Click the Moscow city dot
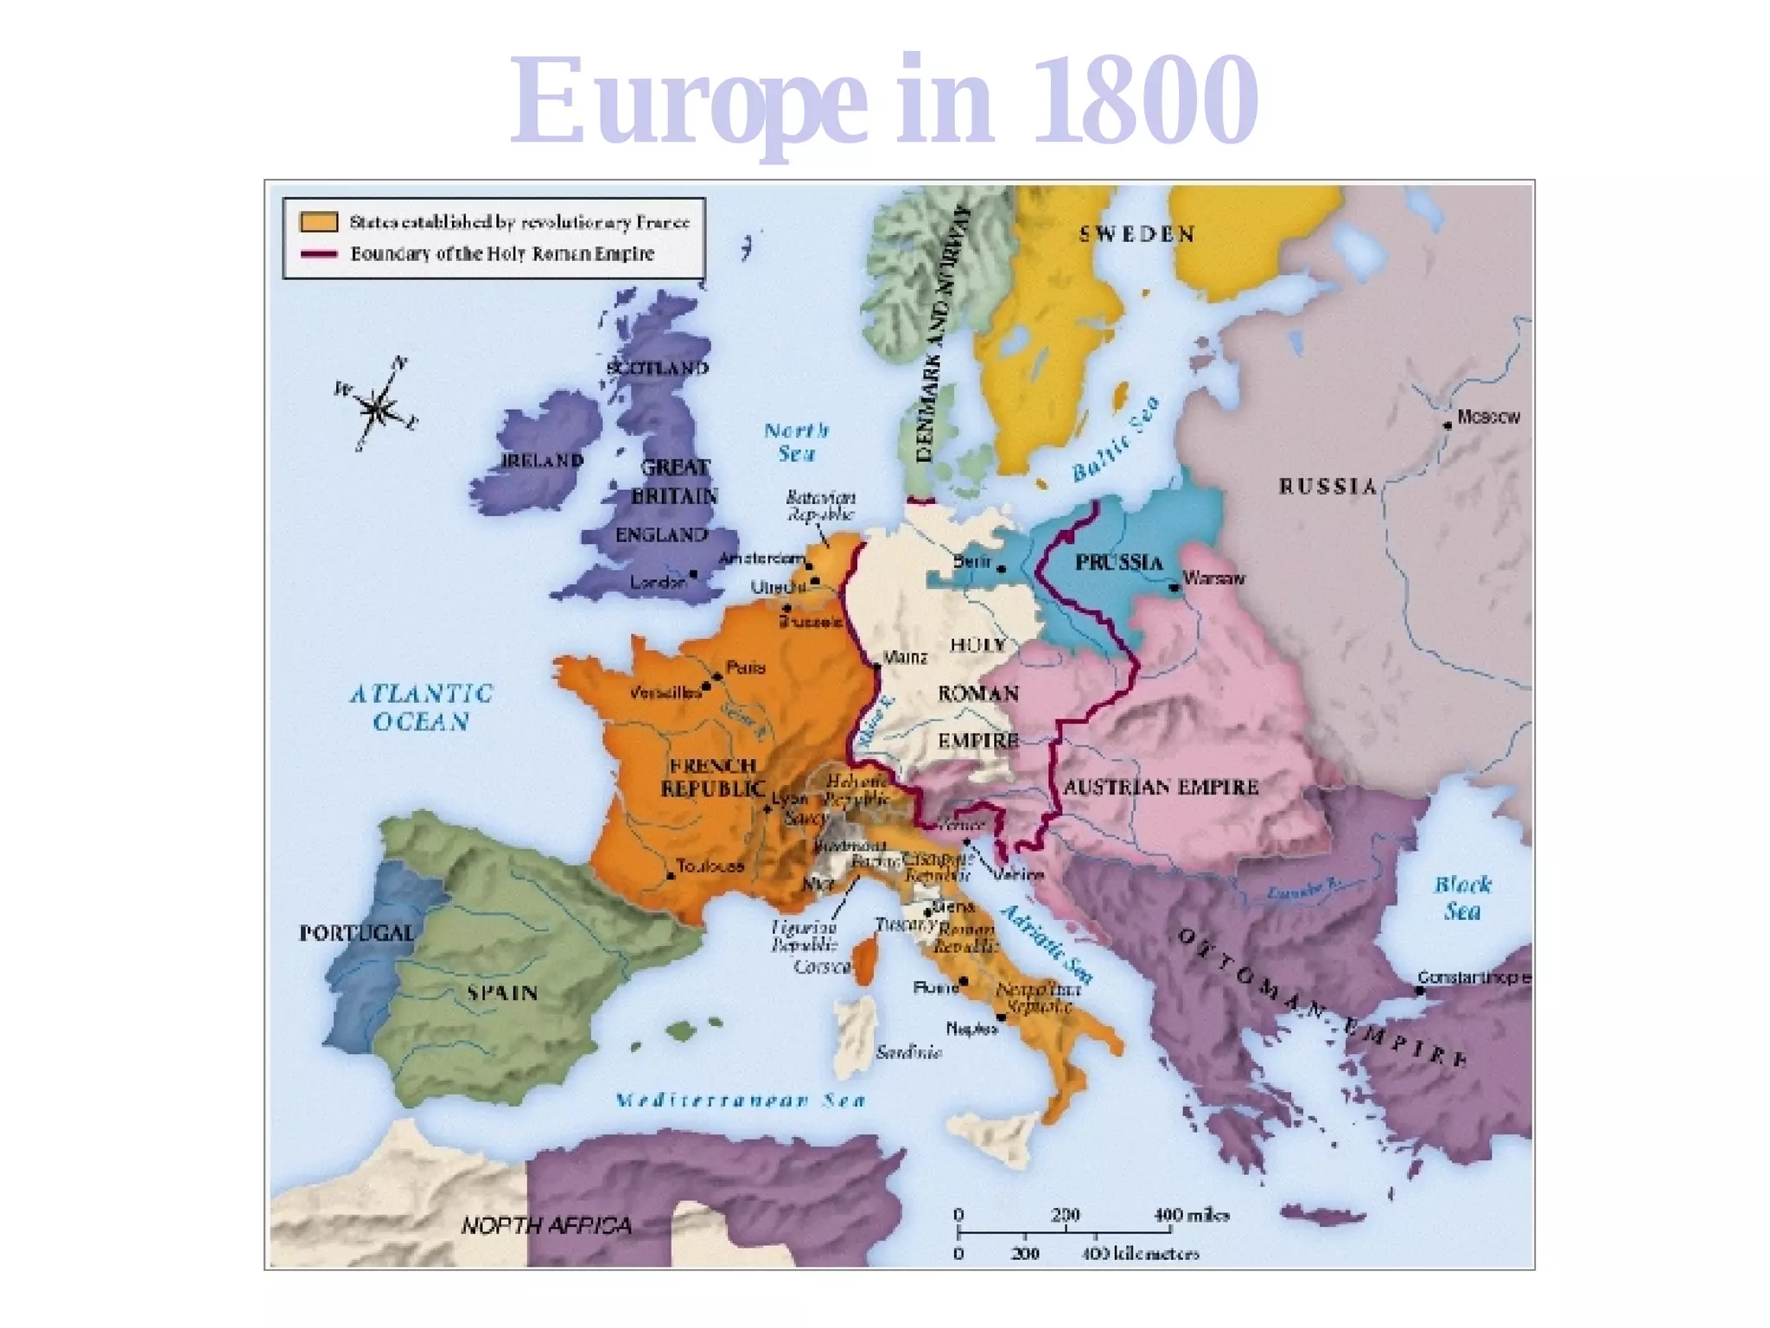pos(1447,425)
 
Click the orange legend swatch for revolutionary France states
pos(318,221)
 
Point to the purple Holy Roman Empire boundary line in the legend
pos(318,254)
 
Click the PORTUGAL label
pos(356,933)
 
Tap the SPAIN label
pos(502,993)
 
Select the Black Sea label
pos(1462,897)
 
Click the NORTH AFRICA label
pos(546,1225)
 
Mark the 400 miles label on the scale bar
pos(1191,1215)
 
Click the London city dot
pos(693,573)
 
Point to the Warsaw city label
pos(1213,578)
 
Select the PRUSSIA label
pos(1118,563)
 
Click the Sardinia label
pos(907,1052)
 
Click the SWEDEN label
pos(1136,234)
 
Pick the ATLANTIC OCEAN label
pos(421,707)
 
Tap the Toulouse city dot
pos(671,876)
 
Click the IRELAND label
pos(543,461)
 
